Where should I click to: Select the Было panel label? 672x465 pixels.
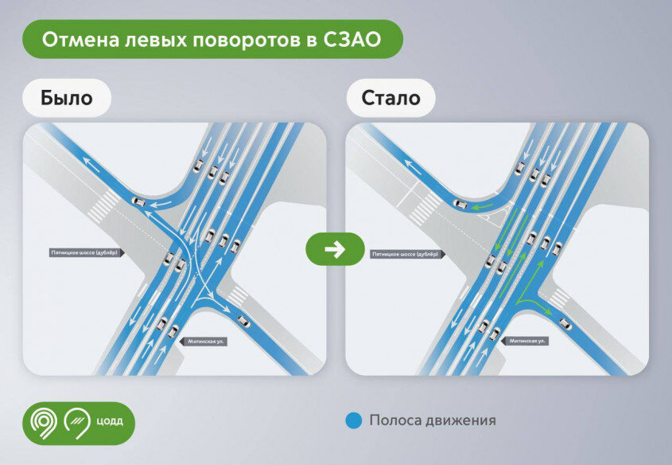click(67, 98)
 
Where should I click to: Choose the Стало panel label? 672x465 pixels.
click(390, 98)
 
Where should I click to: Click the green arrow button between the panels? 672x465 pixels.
click(335, 249)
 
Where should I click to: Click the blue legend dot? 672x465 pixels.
click(355, 420)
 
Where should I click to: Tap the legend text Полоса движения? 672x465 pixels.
click(433, 420)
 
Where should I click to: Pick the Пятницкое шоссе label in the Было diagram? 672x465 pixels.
click(86, 253)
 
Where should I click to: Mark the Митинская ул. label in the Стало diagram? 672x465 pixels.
click(528, 341)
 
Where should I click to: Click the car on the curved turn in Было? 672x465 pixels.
click(138, 201)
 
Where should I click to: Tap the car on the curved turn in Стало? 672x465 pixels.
click(460, 204)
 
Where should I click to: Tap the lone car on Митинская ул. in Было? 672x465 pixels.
click(243, 322)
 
